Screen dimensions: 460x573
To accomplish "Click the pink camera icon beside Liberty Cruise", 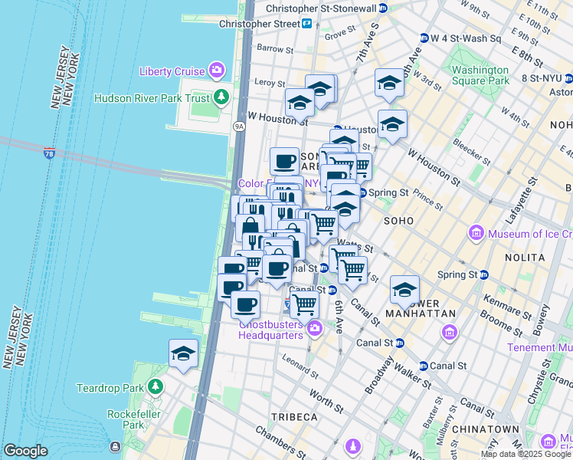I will pyautogui.click(x=218, y=71).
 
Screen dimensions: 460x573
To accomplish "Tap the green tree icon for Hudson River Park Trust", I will pyautogui.click(x=221, y=97).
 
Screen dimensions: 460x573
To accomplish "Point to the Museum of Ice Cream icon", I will pyautogui.click(x=476, y=232).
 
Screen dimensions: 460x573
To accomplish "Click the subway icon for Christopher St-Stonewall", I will pyautogui.click(x=384, y=8).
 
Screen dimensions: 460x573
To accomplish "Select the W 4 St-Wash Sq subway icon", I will pyautogui.click(x=424, y=38).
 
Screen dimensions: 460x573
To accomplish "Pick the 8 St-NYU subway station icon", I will pyautogui.click(x=513, y=77).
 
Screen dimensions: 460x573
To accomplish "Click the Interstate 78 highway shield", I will pyautogui.click(x=50, y=154).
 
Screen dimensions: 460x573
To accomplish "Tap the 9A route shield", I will pyautogui.click(x=239, y=126).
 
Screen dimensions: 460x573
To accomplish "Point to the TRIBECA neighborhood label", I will pyautogui.click(x=293, y=416).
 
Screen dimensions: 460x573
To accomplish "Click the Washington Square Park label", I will pyautogui.click(x=480, y=74).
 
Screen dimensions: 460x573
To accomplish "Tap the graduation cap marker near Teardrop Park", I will pyautogui.click(x=183, y=355).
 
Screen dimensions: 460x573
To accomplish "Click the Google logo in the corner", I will pyautogui.click(x=25, y=451).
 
